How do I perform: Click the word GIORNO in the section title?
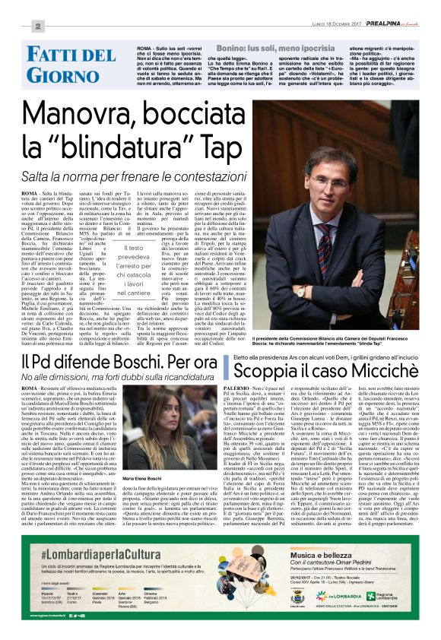point(63,74)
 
